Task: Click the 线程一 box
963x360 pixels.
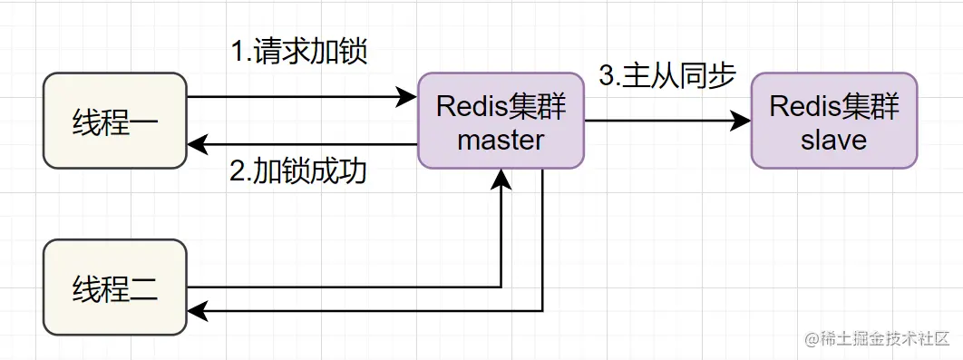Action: point(115,122)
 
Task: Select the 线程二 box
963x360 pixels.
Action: point(115,287)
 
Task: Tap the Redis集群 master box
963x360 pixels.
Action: point(501,122)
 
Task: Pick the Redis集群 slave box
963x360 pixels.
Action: point(834,122)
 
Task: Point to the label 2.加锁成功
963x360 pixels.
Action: point(298,171)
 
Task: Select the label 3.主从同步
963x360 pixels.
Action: point(666,76)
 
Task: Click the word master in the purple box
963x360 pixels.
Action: point(501,140)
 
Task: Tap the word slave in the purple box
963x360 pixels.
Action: point(834,140)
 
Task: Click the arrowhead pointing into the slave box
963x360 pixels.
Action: point(742,121)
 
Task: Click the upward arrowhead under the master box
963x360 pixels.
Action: point(501,180)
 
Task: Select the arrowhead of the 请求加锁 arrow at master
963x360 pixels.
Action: point(407,96)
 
